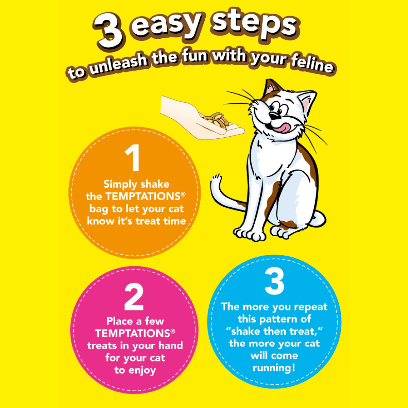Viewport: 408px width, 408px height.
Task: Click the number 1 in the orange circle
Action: (133, 158)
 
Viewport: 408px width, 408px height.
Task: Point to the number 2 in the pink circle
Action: (134, 297)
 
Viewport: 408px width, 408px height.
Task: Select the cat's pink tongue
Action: (282, 127)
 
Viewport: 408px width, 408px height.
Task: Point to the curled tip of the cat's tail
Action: (216, 178)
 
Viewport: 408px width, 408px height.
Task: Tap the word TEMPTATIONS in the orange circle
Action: (142, 197)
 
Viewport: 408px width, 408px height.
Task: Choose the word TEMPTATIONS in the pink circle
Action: (132, 333)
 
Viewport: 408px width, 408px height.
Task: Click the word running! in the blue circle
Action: (274, 368)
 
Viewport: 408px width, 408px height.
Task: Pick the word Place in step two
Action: (120, 321)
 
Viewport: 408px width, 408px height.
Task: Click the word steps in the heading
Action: (253, 24)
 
